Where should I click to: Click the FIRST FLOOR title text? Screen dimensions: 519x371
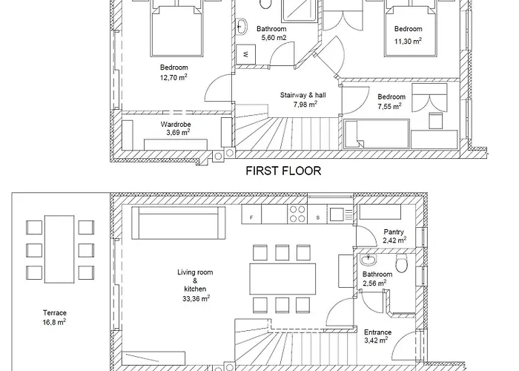[x=283, y=171]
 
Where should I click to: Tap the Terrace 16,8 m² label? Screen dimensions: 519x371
[x=54, y=318]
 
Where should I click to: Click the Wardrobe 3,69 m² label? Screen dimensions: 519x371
[x=176, y=128]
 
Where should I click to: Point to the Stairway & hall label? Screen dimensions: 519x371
[x=303, y=95]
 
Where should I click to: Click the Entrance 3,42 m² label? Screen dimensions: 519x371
[x=377, y=336]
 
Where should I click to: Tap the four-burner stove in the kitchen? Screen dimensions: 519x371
[x=297, y=214]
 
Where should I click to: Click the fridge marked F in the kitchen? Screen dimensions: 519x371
[x=251, y=214]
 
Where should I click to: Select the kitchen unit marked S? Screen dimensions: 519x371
[x=317, y=214]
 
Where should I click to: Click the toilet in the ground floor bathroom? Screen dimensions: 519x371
[x=401, y=263]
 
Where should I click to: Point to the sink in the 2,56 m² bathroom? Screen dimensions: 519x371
[x=368, y=260]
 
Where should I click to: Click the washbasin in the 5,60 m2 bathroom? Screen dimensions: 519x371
[x=242, y=27]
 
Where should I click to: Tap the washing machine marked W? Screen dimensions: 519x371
[x=245, y=54]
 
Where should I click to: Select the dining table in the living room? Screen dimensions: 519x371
[x=282, y=278]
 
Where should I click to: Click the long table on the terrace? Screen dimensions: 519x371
[x=59, y=249]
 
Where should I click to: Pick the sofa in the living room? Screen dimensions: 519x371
[x=179, y=223]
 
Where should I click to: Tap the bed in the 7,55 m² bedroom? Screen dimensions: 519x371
[x=377, y=134]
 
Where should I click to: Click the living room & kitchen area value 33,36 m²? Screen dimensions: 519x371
[x=196, y=298]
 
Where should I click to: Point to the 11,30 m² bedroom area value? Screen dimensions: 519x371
[x=408, y=41]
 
